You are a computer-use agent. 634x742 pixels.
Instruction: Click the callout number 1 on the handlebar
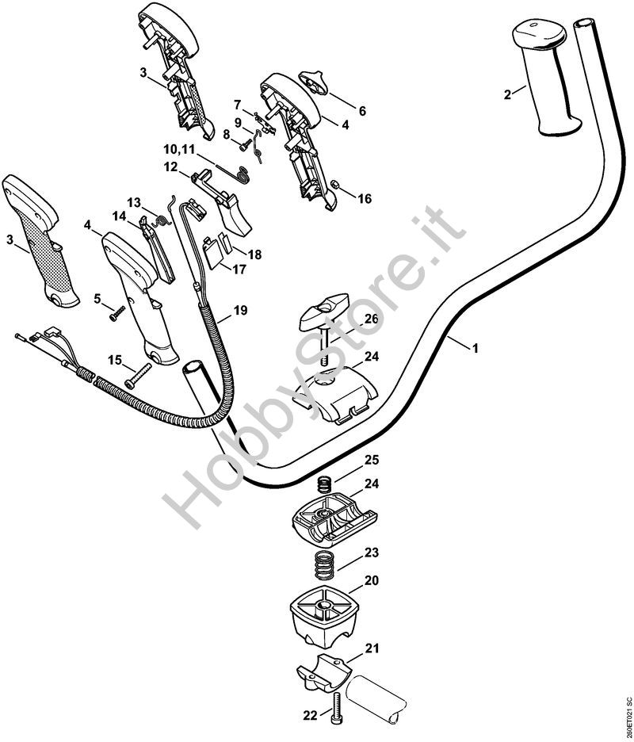point(475,348)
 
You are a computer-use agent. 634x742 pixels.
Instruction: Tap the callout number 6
point(362,111)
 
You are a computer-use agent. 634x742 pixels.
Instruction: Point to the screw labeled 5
point(117,312)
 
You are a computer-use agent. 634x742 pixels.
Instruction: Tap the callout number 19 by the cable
point(241,309)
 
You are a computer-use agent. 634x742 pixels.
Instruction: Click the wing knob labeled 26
point(323,316)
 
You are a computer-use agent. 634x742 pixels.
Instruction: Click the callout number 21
point(372,648)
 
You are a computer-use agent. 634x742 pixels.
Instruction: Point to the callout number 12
point(170,167)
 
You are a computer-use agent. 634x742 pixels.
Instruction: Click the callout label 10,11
point(179,149)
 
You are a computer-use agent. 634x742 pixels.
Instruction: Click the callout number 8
point(227,136)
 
